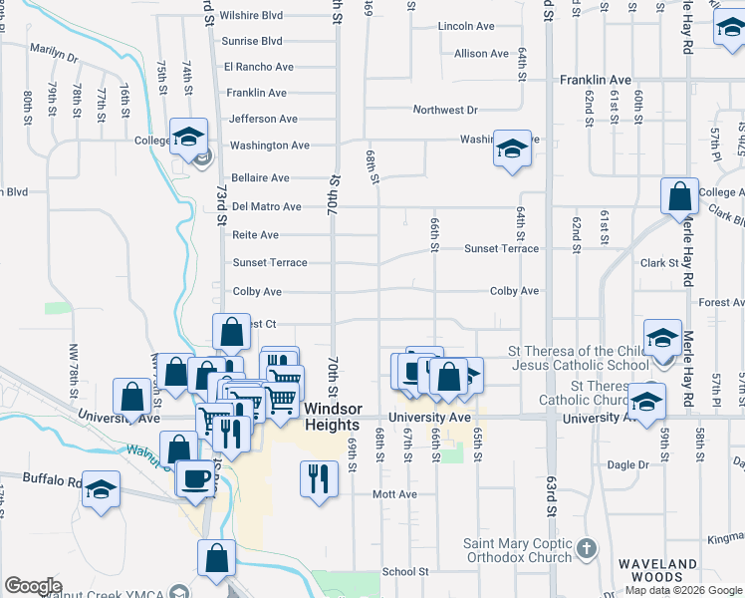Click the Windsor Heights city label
[331, 417]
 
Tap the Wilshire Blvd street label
[252, 16]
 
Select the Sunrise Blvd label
[253, 41]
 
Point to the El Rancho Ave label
[259, 67]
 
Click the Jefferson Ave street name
[263, 119]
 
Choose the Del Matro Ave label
[266, 207]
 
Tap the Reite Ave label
[255, 235]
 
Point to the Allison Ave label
[485, 54]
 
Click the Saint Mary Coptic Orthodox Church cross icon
[587, 548]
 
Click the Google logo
[33, 586]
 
